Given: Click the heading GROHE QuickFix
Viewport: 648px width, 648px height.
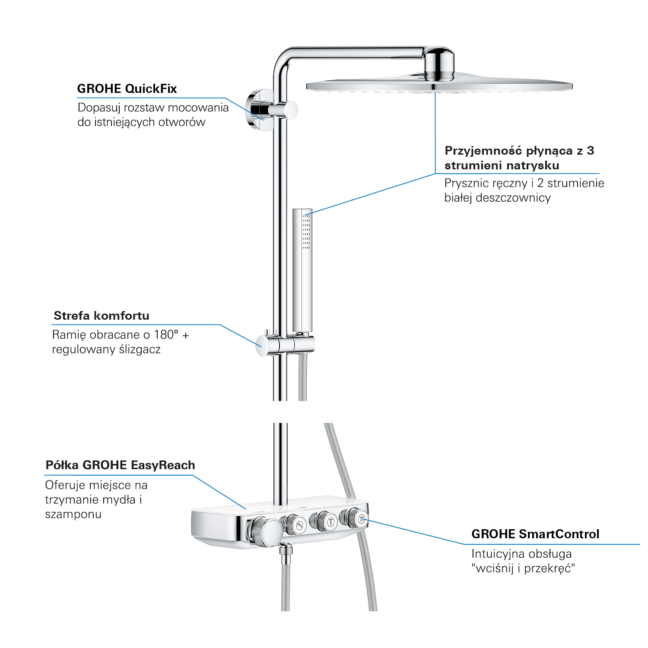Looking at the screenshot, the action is [127, 89].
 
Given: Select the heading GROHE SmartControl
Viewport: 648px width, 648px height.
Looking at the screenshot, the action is [535, 534].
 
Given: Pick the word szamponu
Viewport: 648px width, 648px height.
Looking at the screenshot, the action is [73, 515].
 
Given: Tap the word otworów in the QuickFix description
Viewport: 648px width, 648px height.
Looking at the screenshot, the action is [182, 122].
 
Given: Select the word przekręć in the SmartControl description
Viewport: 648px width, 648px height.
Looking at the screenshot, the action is [550, 569].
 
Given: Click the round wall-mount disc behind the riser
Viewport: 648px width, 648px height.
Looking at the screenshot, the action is [258, 110].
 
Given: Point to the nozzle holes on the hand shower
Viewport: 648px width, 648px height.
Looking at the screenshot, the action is [307, 231].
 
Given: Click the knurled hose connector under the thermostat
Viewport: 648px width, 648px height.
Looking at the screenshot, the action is [286, 553].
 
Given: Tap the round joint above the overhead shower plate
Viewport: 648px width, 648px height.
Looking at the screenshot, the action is [439, 65].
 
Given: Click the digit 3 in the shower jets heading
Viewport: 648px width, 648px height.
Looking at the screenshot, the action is [591, 151].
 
